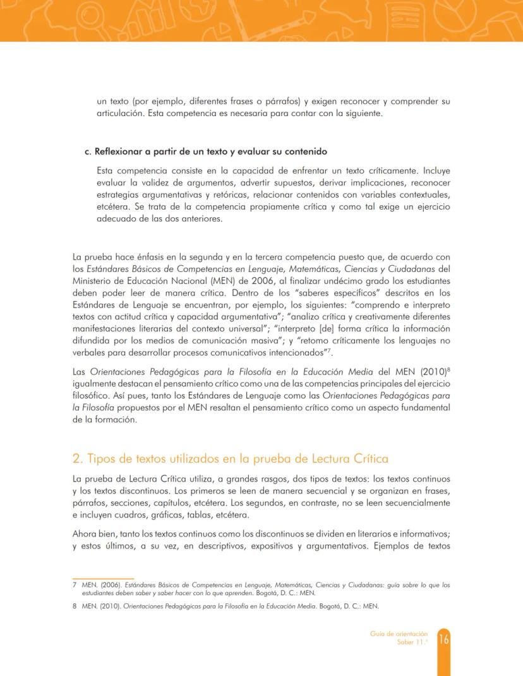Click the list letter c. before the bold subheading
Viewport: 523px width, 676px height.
click(x=88, y=151)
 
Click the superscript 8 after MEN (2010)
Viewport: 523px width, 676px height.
click(x=448, y=367)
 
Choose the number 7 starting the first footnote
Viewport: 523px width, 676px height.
click(x=75, y=585)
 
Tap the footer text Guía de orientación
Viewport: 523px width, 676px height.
click(x=399, y=634)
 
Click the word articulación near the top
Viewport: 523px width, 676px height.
click(x=121, y=113)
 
